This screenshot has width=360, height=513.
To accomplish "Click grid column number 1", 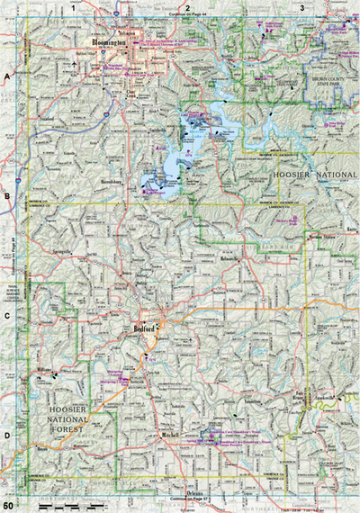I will pos(85,8).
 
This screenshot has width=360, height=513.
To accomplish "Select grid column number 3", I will pos(301,8).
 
